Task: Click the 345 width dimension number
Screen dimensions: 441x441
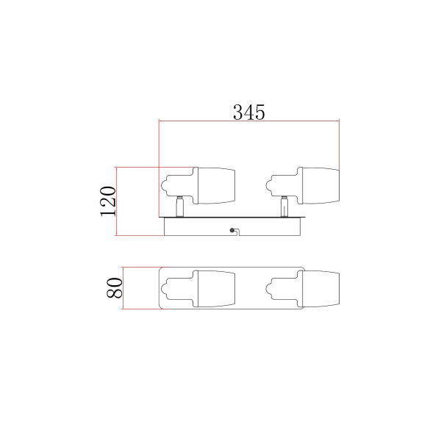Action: pyautogui.click(x=249, y=112)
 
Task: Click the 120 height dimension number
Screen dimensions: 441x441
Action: pyautogui.click(x=108, y=201)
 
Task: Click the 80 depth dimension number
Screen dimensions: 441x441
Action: pyautogui.click(x=115, y=287)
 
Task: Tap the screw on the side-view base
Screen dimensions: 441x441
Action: pyautogui.click(x=232, y=230)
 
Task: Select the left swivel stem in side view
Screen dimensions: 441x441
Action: pyautogui.click(x=179, y=207)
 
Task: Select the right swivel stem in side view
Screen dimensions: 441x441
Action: pyautogui.click(x=284, y=207)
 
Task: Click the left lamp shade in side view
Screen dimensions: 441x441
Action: pyautogui.click(x=216, y=186)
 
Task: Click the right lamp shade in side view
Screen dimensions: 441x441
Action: pyautogui.click(x=320, y=186)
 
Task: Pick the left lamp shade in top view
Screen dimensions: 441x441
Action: pyautogui.click(x=216, y=289)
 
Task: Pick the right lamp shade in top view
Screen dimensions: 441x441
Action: pyautogui.click(x=320, y=289)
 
